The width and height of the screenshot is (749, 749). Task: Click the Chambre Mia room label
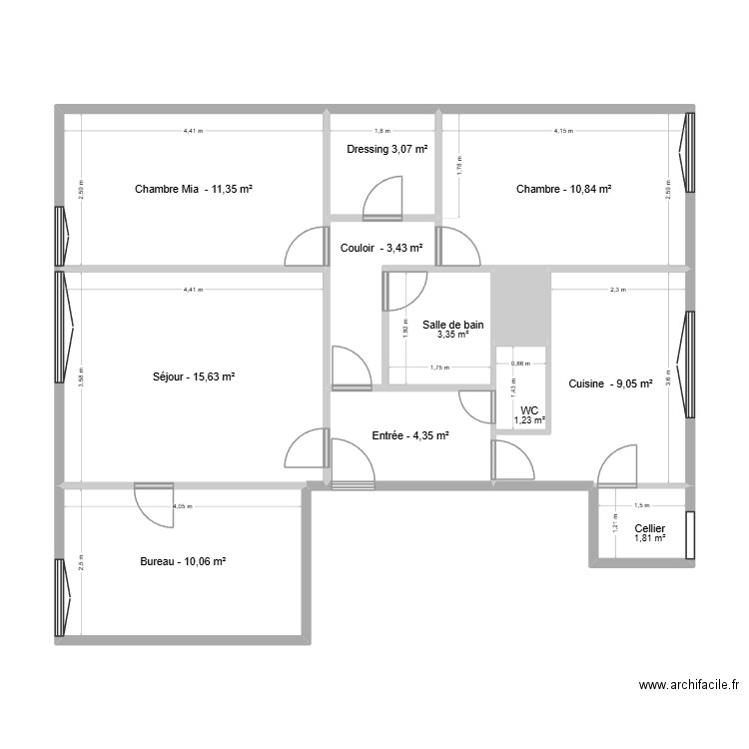pyautogui.click(x=194, y=189)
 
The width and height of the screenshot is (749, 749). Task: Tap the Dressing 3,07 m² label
pyautogui.click(x=386, y=150)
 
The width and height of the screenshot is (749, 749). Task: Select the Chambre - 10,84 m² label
pyautogui.click(x=563, y=189)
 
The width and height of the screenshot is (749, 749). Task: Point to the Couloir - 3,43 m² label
pyautogui.click(x=380, y=249)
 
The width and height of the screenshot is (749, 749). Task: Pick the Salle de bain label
pyautogui.click(x=453, y=325)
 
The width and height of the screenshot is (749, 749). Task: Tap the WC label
pyautogui.click(x=529, y=411)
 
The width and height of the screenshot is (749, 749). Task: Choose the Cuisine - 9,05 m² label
pyautogui.click(x=610, y=383)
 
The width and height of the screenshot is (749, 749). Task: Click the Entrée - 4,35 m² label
pyautogui.click(x=410, y=435)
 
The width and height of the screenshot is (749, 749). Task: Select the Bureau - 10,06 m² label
pyautogui.click(x=183, y=562)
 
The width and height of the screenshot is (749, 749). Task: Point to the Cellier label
pyautogui.click(x=649, y=528)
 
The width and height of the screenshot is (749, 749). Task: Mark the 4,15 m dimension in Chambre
pyautogui.click(x=563, y=131)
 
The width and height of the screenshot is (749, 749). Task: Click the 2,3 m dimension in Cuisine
pyautogui.click(x=617, y=291)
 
